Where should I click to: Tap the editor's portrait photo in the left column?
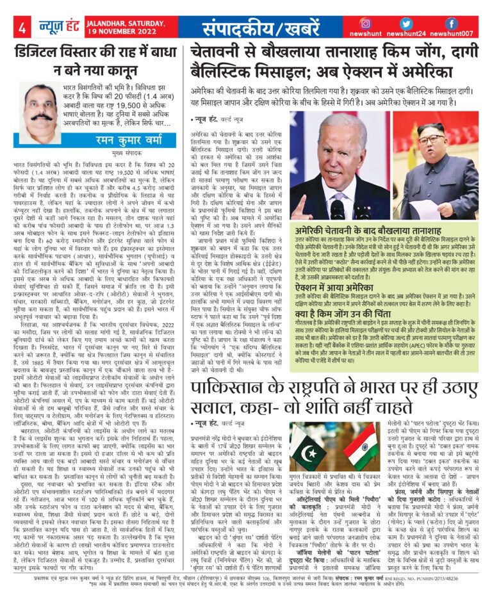tap(40, 108)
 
